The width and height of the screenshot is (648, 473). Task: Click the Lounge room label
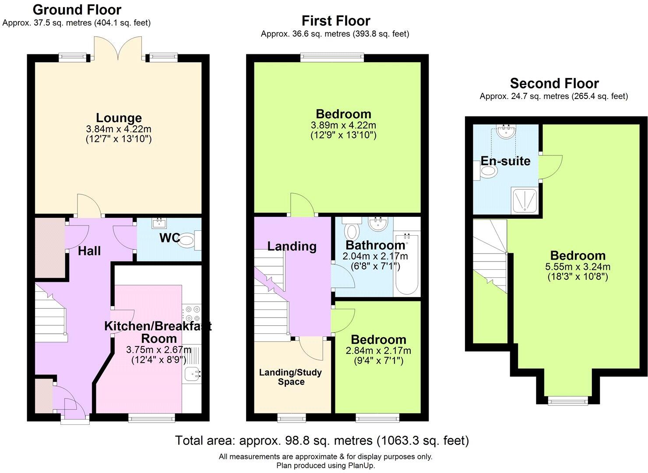click(119, 118)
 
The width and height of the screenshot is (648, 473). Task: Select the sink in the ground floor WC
click(158, 224)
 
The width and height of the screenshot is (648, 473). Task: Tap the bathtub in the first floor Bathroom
click(407, 265)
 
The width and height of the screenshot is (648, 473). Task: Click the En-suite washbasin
click(506, 132)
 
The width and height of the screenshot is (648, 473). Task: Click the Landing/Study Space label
click(291, 377)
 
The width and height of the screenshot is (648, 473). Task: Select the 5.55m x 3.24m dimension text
click(578, 267)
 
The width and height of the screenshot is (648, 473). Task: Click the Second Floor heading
click(554, 83)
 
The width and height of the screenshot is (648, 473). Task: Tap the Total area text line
click(322, 440)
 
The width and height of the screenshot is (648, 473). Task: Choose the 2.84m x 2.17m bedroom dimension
click(378, 350)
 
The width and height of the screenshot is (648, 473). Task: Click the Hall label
click(89, 251)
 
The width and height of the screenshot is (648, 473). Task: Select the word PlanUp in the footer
click(361, 466)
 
